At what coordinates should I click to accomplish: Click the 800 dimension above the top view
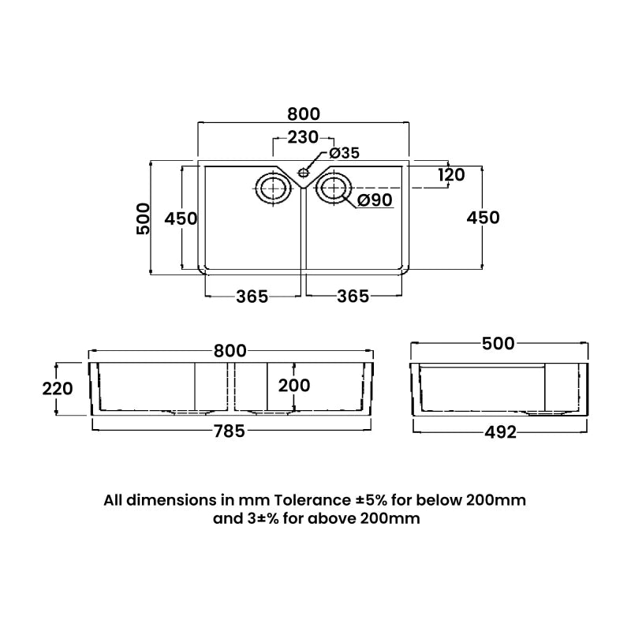[303, 113]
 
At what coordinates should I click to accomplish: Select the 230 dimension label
[303, 137]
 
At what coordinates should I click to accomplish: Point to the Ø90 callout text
[375, 200]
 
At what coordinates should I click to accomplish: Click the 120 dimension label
[450, 174]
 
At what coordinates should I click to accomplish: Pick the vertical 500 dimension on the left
[143, 218]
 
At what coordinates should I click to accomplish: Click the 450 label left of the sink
[181, 218]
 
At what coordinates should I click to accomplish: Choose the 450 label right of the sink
[483, 218]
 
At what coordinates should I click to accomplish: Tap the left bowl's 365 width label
[252, 296]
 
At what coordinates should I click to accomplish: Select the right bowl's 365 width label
[353, 296]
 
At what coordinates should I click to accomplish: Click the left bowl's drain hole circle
[271, 189]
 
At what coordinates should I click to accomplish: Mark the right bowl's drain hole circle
[333, 189]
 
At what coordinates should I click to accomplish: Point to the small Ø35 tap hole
[303, 170]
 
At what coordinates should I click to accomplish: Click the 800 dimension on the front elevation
[230, 351]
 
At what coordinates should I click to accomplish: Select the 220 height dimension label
[57, 388]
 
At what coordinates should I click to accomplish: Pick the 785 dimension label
[230, 431]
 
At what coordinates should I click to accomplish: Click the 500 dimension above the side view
[498, 343]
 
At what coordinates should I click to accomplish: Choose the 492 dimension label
[499, 431]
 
